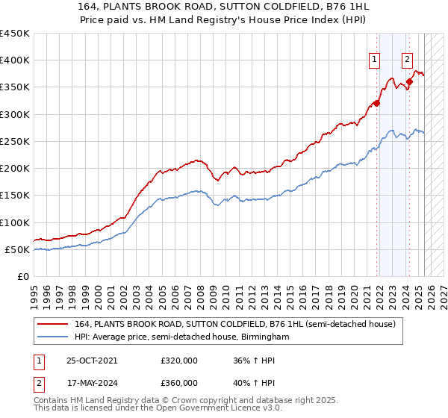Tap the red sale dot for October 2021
click(376, 103)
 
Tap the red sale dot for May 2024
click(409, 81)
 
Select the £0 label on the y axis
click(24, 276)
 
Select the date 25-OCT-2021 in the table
click(92, 361)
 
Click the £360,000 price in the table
click(179, 383)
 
